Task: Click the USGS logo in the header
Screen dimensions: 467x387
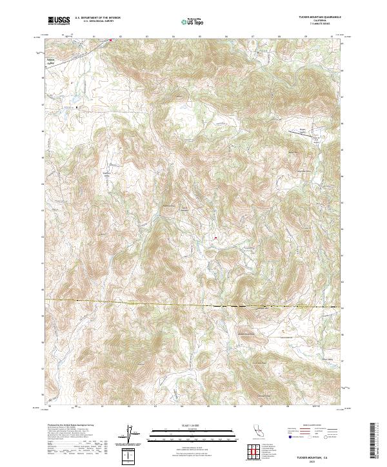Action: pos(59,21)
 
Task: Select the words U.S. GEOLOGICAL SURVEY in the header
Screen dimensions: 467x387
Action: pos(97,21)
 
